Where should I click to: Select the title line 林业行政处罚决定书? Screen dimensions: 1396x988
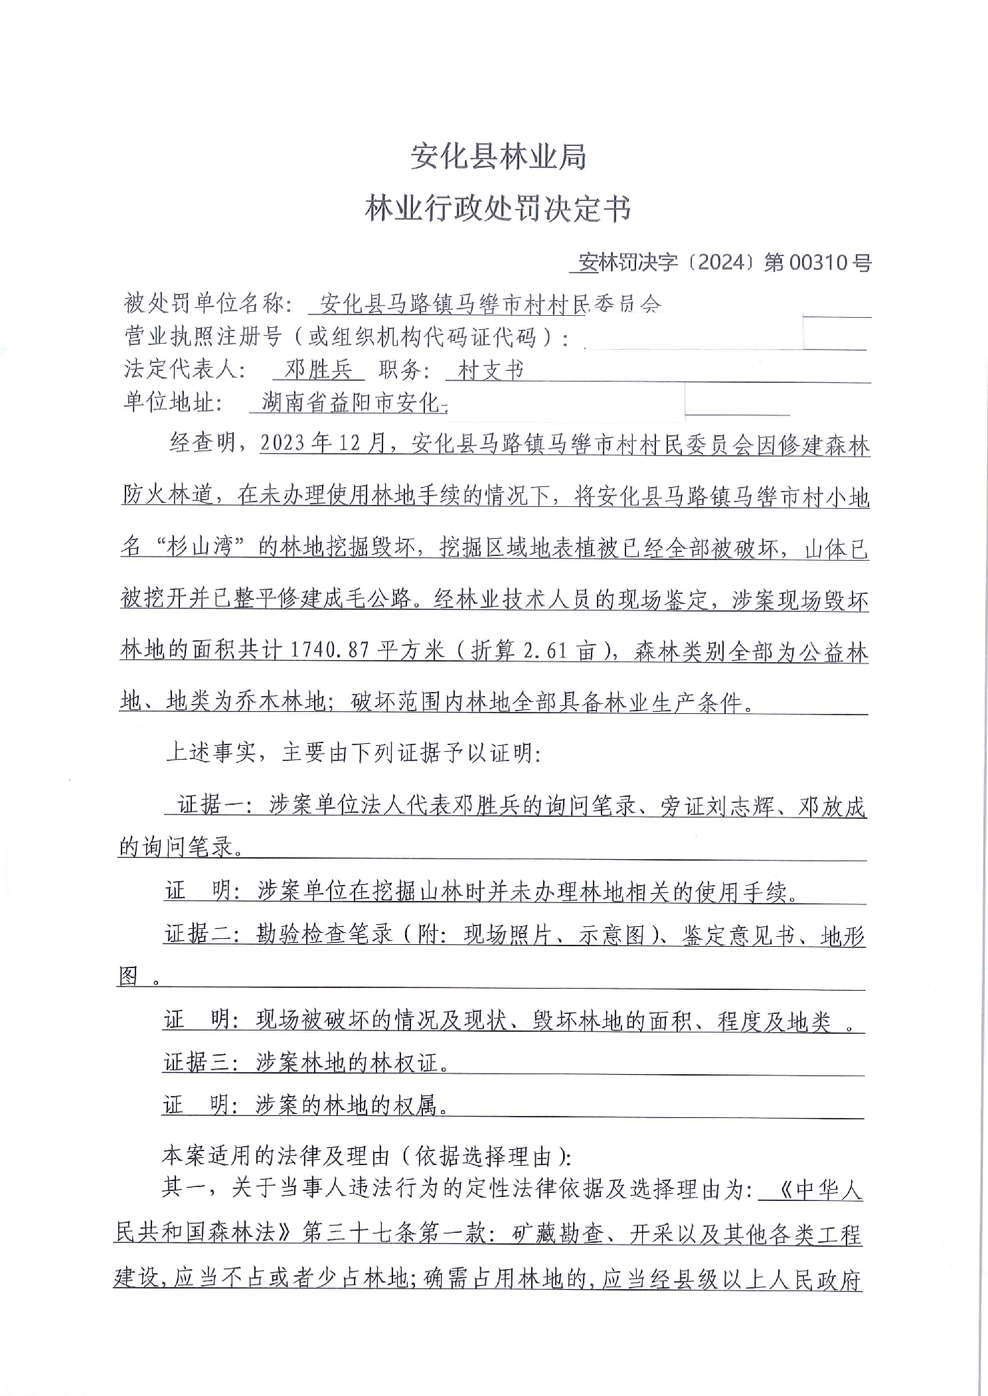[x=498, y=209]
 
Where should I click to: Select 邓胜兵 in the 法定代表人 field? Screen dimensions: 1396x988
[x=317, y=370]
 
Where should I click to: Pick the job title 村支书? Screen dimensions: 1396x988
[x=491, y=370]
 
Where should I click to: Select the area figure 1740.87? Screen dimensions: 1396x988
[x=329, y=652]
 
